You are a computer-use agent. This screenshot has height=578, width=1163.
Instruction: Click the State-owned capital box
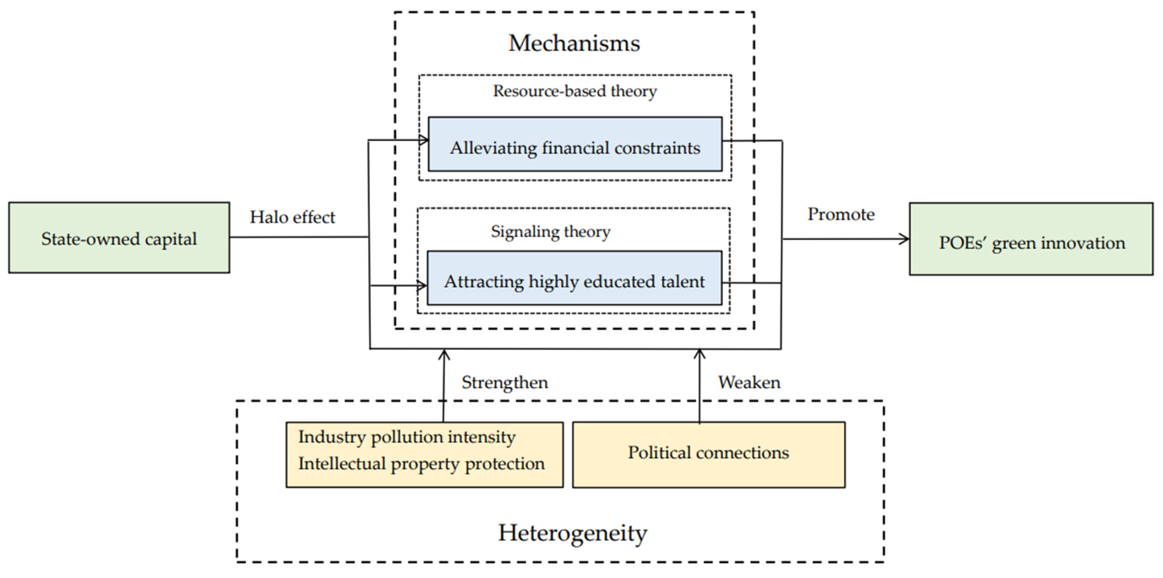pos(119,238)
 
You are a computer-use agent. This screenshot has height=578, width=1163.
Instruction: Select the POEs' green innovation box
pos(1031,239)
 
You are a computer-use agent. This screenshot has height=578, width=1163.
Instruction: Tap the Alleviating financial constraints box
pos(575,145)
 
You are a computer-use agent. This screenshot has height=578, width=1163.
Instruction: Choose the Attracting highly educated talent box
pos(574,278)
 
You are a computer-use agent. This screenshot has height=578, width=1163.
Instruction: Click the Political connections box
pos(709,455)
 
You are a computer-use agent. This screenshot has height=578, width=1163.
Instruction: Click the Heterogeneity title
pos(572,533)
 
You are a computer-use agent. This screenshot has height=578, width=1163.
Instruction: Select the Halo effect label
pos(292,217)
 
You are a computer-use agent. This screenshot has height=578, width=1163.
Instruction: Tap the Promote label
pos(841,214)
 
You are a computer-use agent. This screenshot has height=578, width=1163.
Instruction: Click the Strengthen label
pos(504,383)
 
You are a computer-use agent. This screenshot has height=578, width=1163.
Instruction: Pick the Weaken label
pos(749,383)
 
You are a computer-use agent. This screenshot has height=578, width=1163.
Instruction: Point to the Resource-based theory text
pos(575,91)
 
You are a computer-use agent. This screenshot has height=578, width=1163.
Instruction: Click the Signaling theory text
pos(551,232)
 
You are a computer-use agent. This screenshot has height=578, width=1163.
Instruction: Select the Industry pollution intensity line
pos(407,437)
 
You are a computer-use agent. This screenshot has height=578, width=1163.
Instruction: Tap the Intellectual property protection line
pos(421,464)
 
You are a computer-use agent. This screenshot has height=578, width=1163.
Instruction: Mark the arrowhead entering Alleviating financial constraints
pos(424,140)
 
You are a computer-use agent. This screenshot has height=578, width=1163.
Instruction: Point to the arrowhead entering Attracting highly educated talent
pos(422,285)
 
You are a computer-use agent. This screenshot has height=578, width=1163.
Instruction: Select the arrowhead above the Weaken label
pos(699,354)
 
